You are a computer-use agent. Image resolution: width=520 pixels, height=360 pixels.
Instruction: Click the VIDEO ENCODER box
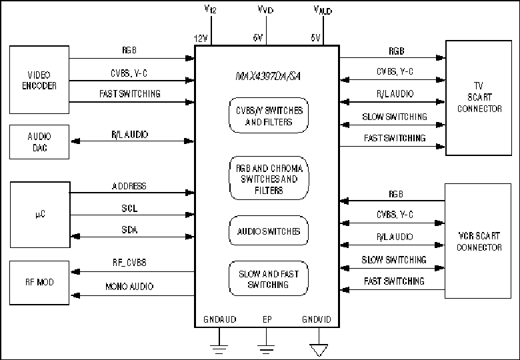pyautogui.click(x=39, y=80)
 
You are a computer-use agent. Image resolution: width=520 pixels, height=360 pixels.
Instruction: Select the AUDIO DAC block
pyautogui.click(x=39, y=142)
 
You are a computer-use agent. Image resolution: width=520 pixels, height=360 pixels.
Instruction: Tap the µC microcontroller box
pyautogui.click(x=40, y=215)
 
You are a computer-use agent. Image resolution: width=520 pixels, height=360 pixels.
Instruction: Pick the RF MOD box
pyautogui.click(x=39, y=283)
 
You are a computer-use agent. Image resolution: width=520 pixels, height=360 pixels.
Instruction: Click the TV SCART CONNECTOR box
pyautogui.click(x=479, y=98)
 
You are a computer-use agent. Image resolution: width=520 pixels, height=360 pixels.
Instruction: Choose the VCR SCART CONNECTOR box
pyautogui.click(x=478, y=241)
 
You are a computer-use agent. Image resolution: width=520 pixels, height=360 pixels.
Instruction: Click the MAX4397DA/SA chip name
pyautogui.click(x=268, y=77)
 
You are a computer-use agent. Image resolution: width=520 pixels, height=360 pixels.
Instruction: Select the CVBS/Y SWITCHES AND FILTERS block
pyautogui.click(x=269, y=115)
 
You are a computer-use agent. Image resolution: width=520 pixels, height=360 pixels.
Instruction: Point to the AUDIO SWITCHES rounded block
pyautogui.click(x=269, y=231)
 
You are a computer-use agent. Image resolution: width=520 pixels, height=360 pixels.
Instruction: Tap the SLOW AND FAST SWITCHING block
pyautogui.click(x=269, y=279)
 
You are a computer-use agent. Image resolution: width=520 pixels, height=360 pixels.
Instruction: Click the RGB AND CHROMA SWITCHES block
pyautogui.click(x=269, y=178)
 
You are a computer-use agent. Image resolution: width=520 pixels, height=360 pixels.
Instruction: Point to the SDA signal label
pyautogui.click(x=129, y=230)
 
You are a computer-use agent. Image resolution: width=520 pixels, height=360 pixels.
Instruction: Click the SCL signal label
pyautogui.click(x=129, y=208)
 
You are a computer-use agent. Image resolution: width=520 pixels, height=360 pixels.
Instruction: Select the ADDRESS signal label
pyautogui.click(x=129, y=186)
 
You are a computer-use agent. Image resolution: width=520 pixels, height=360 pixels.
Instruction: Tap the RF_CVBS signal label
pyautogui.click(x=129, y=263)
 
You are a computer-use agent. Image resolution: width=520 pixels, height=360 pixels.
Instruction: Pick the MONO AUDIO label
pyautogui.click(x=129, y=287)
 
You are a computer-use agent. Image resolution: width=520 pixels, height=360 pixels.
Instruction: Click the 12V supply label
pyautogui.click(x=201, y=39)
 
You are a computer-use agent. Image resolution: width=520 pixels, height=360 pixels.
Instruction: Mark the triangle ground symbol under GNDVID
pyautogui.click(x=319, y=350)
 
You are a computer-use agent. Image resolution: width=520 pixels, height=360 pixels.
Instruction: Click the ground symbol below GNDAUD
pyautogui.click(x=219, y=349)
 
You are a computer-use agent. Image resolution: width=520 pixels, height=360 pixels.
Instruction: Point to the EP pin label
pyautogui.click(x=267, y=319)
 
